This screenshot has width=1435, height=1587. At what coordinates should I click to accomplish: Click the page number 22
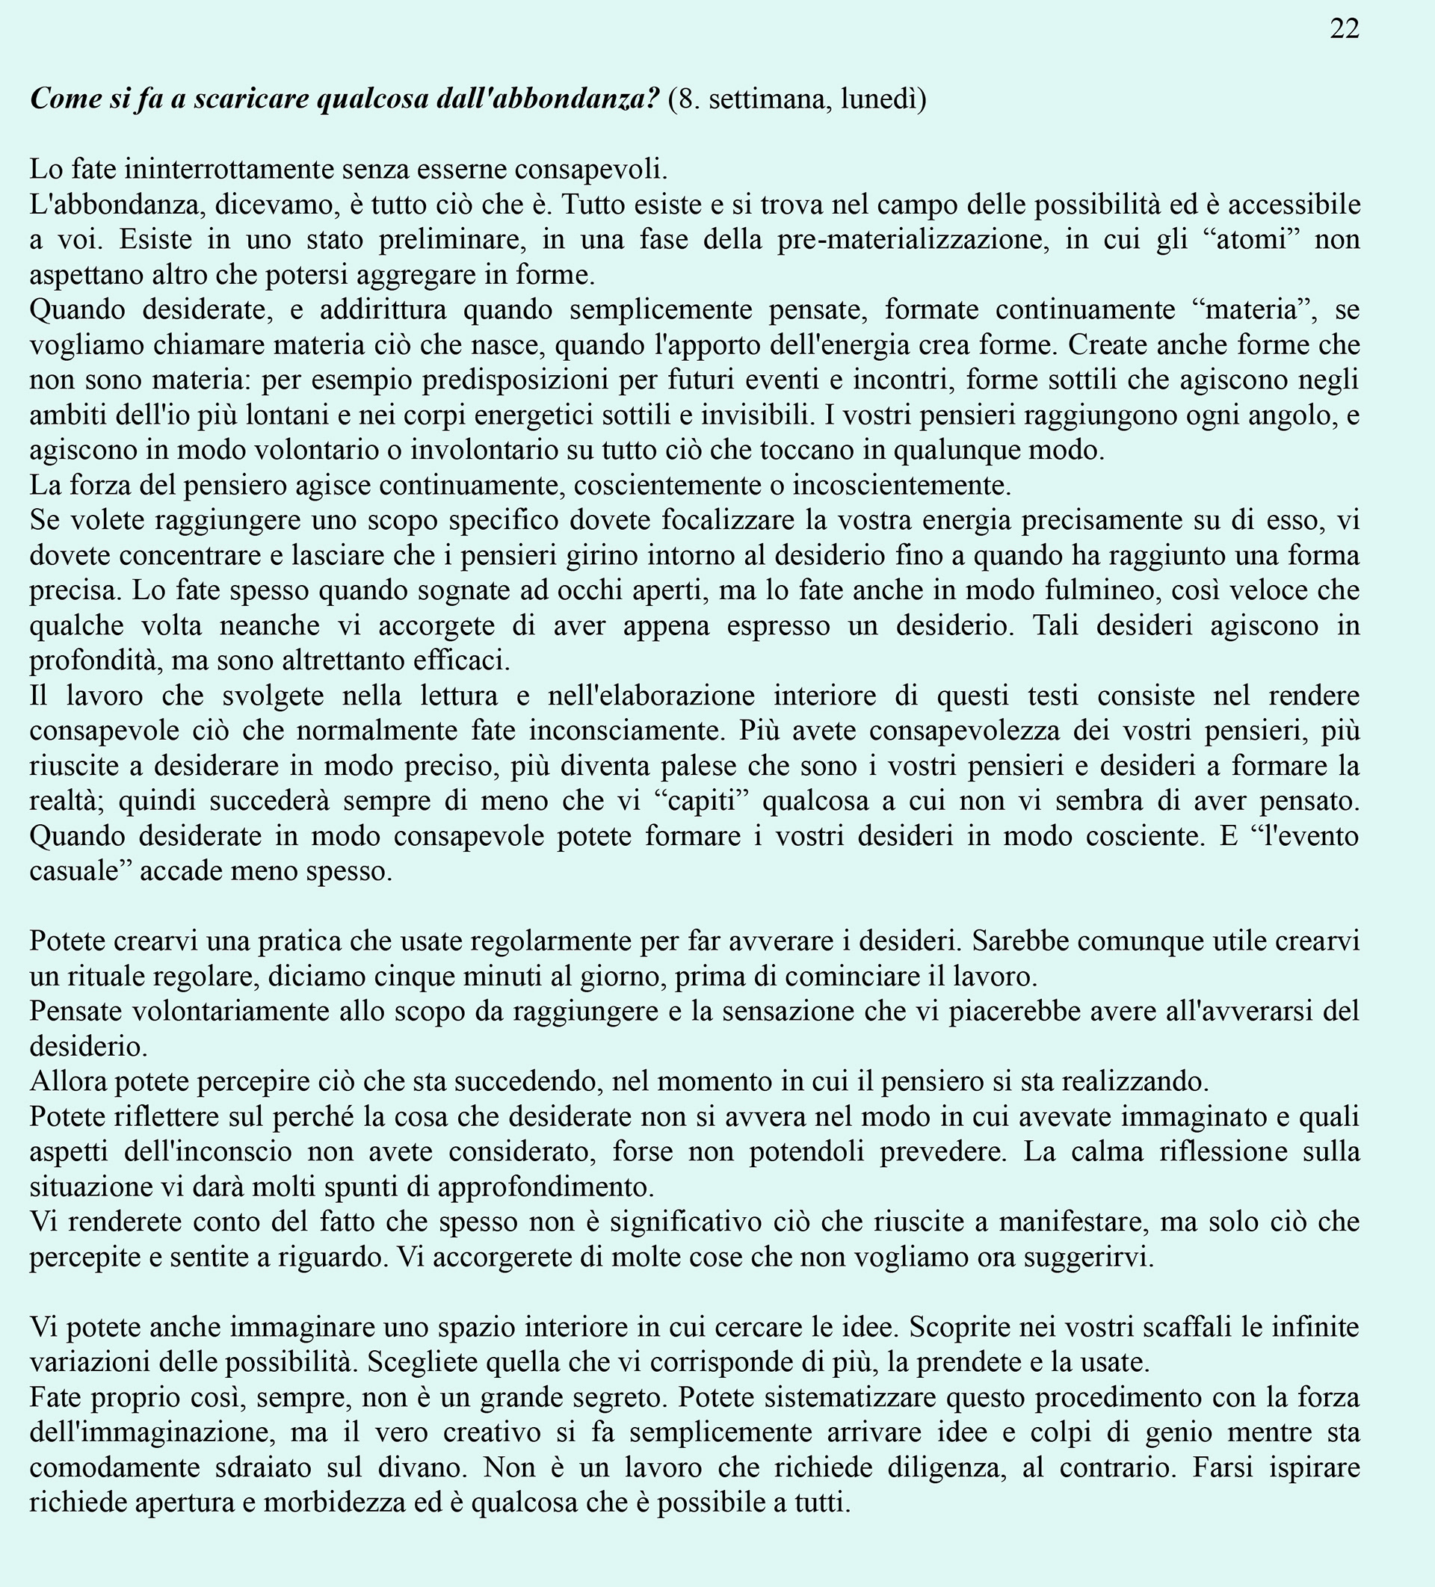[1345, 28]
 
